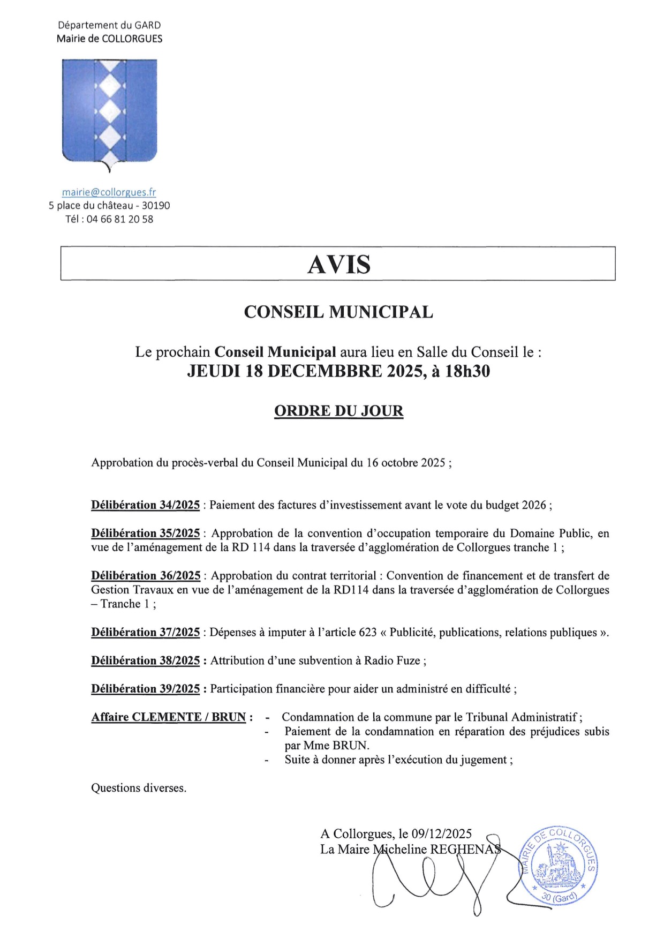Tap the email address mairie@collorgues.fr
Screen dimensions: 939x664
tap(109, 192)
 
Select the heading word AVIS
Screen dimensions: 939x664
tap(338, 264)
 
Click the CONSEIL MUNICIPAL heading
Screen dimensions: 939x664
tap(338, 312)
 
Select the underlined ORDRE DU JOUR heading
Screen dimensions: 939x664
tap(338, 411)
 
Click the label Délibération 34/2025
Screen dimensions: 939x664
tap(145, 505)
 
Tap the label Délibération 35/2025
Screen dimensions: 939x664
tap(145, 534)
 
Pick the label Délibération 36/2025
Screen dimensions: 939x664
tap(146, 576)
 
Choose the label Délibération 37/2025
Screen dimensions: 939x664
tap(145, 633)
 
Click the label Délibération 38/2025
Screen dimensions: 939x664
tap(145, 661)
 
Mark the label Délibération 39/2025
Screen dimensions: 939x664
tap(145, 689)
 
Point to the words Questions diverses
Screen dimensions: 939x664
tap(139, 788)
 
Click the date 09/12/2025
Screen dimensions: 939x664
tap(442, 834)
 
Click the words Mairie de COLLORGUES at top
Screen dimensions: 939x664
tap(109, 39)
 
